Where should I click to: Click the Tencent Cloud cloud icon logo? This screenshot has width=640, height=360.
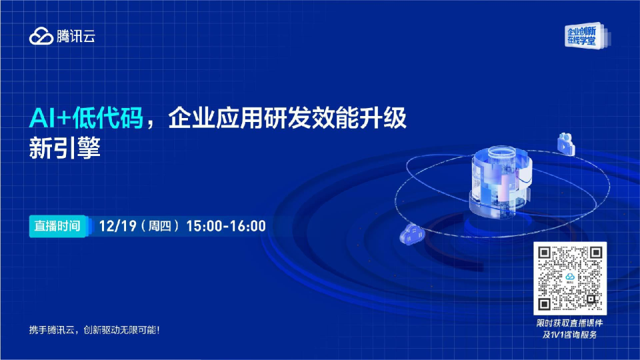click(41, 37)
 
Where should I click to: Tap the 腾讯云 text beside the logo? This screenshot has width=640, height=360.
click(75, 37)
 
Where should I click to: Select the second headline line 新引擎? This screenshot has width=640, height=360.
click(64, 148)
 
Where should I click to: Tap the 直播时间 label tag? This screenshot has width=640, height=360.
click(57, 226)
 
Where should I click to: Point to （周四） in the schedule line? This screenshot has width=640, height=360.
click(160, 226)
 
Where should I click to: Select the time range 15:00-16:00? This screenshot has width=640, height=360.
click(226, 226)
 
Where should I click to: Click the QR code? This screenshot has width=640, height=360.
click(571, 278)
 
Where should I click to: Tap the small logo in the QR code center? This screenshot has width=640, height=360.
click(571, 278)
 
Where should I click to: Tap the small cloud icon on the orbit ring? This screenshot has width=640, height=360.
click(411, 235)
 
